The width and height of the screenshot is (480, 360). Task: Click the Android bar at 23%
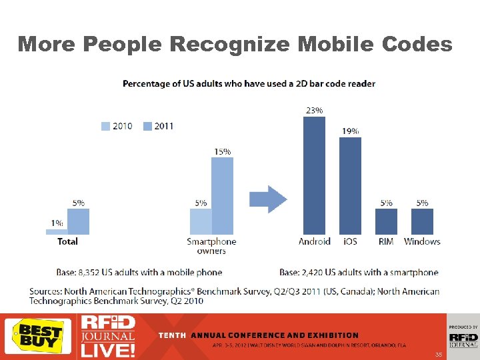point(314,175)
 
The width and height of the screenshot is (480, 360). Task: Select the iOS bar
point(350,185)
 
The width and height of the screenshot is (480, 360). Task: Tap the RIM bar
point(386,221)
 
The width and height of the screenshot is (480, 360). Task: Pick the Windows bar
point(422,221)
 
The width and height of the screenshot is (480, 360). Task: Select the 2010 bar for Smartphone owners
point(201,221)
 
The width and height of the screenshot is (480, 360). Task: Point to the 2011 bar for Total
point(78,221)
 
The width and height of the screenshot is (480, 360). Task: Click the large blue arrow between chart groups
point(268,199)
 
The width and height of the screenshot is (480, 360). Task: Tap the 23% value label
point(314,110)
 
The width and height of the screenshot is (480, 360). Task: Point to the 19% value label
point(351,131)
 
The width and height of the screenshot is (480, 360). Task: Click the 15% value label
point(223,151)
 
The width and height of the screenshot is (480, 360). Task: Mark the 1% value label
point(56,223)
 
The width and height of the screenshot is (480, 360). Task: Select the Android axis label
point(314,241)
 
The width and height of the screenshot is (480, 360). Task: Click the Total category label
point(67,241)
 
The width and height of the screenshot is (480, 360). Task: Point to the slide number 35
point(438,355)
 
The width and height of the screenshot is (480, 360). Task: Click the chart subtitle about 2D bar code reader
point(249,83)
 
